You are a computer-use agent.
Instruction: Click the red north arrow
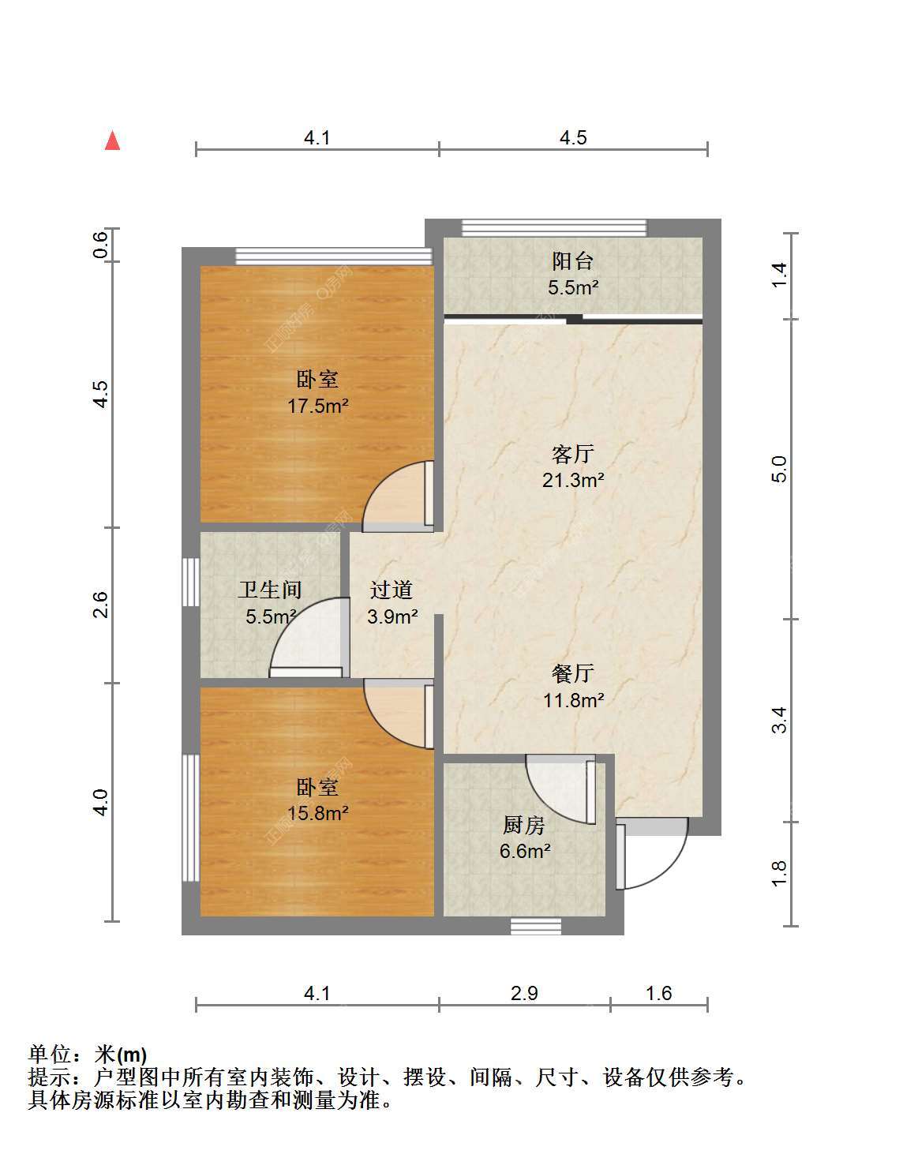(112, 141)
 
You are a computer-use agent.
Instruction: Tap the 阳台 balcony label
(572, 260)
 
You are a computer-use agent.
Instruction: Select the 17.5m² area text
(318, 407)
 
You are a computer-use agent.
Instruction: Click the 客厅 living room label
(572, 454)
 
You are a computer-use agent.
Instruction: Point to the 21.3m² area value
(573, 481)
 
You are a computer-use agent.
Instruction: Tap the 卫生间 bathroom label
(270, 590)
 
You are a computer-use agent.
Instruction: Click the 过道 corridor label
(392, 590)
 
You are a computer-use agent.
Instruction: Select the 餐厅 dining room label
(572, 674)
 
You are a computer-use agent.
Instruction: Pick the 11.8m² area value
(573, 700)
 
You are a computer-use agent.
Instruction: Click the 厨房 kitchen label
(524, 825)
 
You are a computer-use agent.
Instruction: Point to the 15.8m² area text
(318, 813)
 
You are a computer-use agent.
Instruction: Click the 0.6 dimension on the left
(100, 245)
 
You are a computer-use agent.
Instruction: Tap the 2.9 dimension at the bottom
(524, 993)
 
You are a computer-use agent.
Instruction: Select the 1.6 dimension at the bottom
(659, 993)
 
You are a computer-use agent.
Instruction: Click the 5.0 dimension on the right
(779, 470)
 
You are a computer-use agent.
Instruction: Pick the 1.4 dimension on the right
(779, 275)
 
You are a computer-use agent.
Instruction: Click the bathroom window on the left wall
(191, 582)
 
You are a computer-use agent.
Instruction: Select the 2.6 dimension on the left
(100, 605)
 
